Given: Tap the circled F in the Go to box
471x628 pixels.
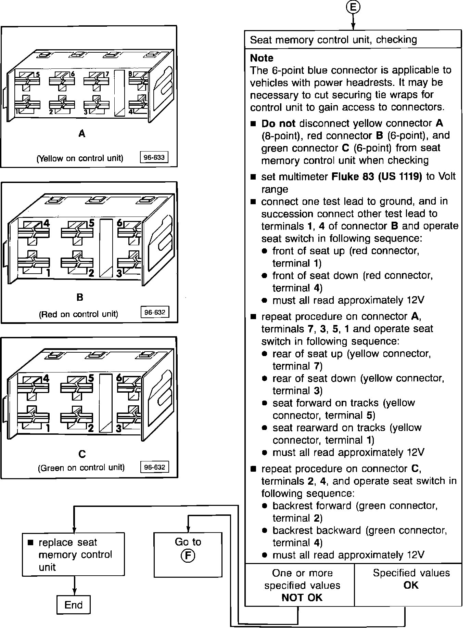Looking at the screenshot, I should tap(188, 555).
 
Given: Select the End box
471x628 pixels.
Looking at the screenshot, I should tap(73, 605).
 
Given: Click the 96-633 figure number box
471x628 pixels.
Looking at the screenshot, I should tap(154, 157).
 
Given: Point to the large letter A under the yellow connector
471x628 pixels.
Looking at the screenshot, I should tap(81, 133).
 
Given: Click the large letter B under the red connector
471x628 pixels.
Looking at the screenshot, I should tap(80, 297).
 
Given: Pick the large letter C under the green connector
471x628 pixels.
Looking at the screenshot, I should tap(82, 454).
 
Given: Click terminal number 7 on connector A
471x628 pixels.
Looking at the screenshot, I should tap(107, 74).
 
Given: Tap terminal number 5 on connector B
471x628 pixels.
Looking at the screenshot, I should tap(91, 223).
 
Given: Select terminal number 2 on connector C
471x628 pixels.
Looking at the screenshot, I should tap(91, 428).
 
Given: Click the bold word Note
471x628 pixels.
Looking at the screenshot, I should tap(262, 58).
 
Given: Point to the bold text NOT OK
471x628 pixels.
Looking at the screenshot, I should tap(302, 598).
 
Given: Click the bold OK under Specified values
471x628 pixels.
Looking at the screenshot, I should tap(411, 585).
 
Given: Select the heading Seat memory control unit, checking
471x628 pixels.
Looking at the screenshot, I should tap(333, 40).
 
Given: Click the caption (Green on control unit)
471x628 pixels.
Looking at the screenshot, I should tap(81, 468).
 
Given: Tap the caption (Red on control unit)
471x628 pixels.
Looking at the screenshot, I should tap(78, 314).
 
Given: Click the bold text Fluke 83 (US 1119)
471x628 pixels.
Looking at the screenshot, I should tap(377, 176).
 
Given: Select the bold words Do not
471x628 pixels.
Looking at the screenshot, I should tap(278, 123).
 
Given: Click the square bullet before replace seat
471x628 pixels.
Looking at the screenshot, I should tap(31, 542).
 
